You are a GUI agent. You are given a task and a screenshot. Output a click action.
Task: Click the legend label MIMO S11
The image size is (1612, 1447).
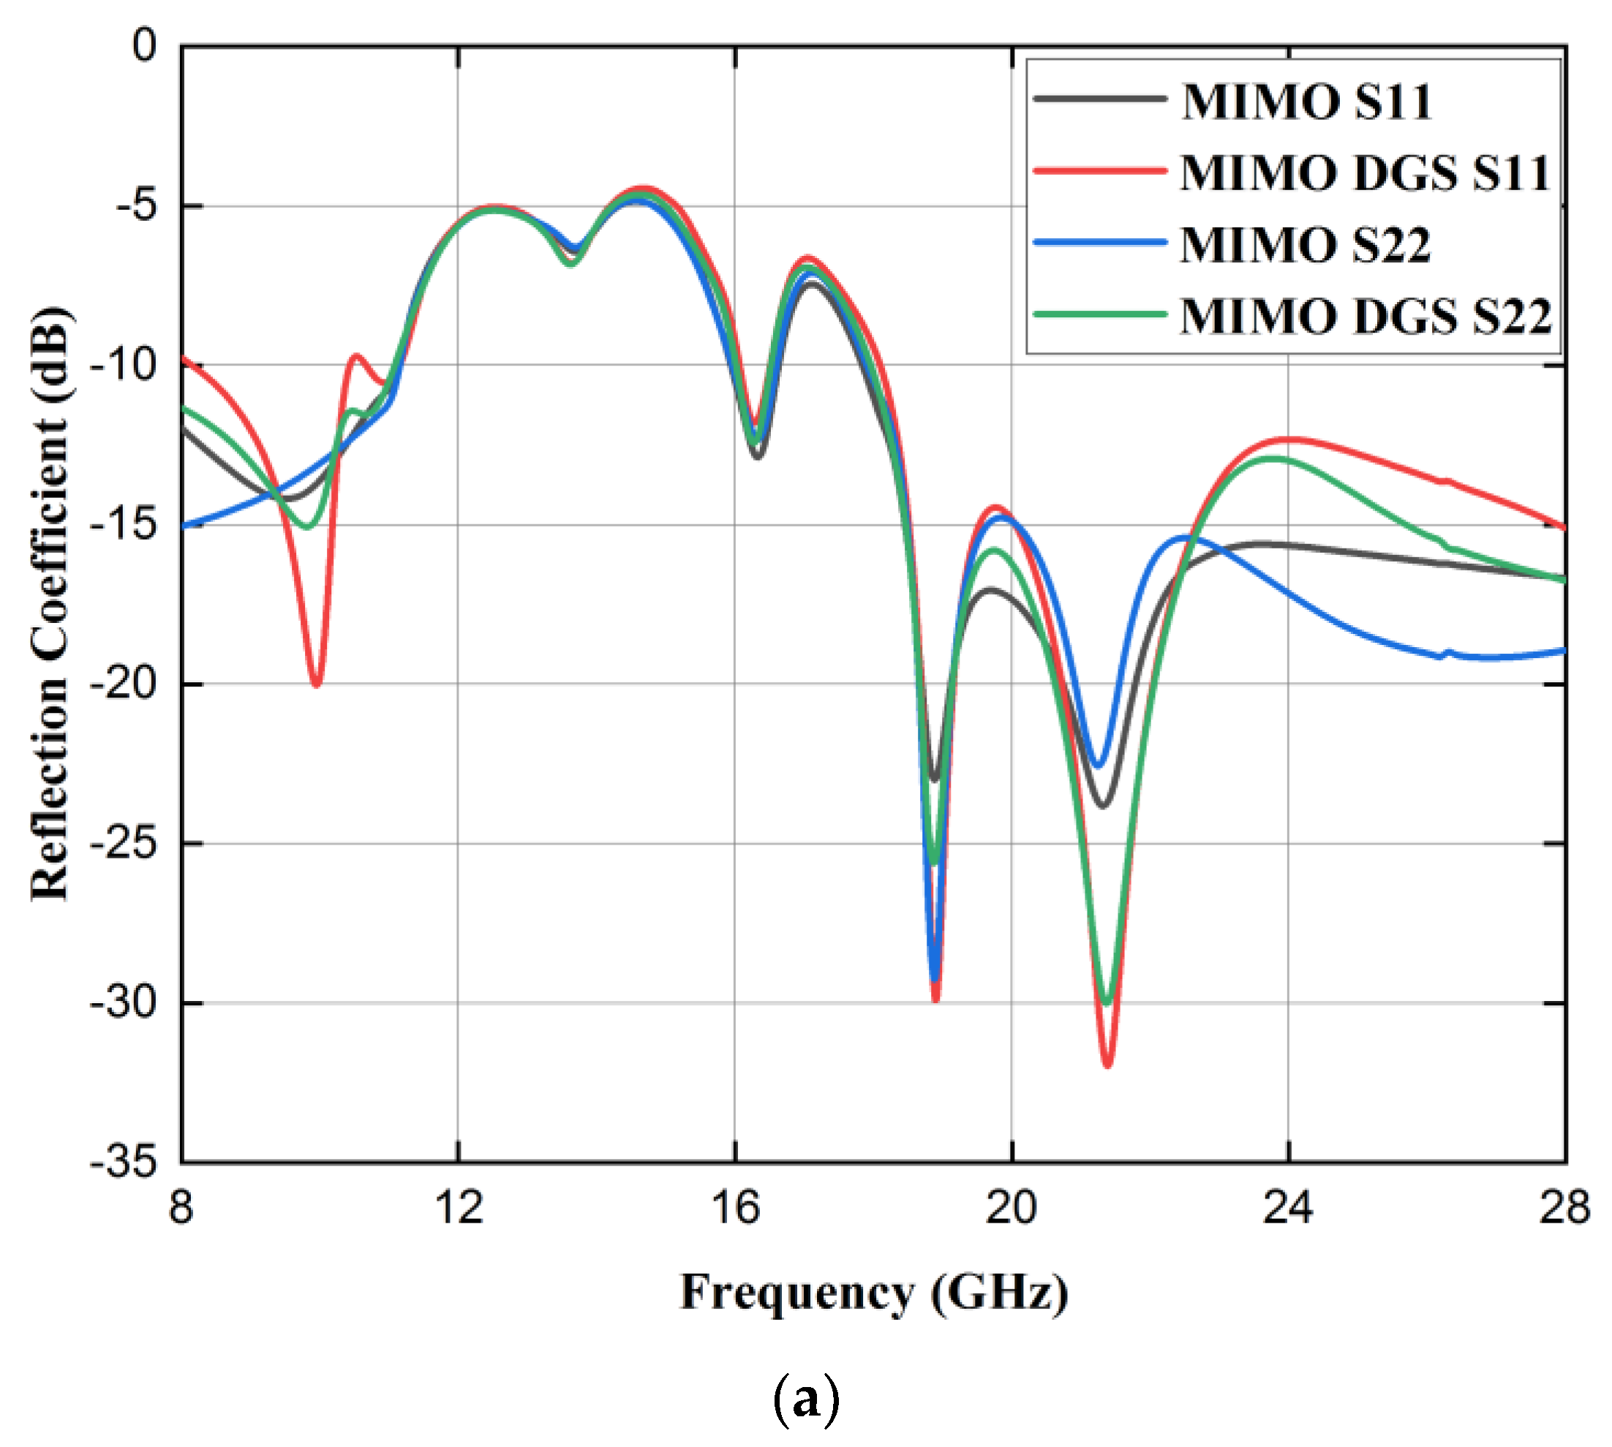[1306, 101]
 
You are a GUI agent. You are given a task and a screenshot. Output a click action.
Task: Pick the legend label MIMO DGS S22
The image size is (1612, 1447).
[1366, 316]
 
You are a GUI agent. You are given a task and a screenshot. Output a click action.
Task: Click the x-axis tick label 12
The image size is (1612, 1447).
[459, 1207]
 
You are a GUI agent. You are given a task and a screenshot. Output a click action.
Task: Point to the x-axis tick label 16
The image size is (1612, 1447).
[736, 1207]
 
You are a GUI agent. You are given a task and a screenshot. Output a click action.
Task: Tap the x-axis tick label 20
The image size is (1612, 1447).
[1012, 1207]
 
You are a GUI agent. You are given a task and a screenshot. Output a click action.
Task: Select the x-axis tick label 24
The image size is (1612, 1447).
[1288, 1207]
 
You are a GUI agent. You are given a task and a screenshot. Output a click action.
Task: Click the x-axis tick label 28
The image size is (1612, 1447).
[1564, 1207]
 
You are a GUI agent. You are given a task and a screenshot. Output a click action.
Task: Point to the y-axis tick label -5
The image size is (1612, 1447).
[137, 206]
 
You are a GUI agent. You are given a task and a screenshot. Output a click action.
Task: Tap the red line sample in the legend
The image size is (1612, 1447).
[1100, 170]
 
